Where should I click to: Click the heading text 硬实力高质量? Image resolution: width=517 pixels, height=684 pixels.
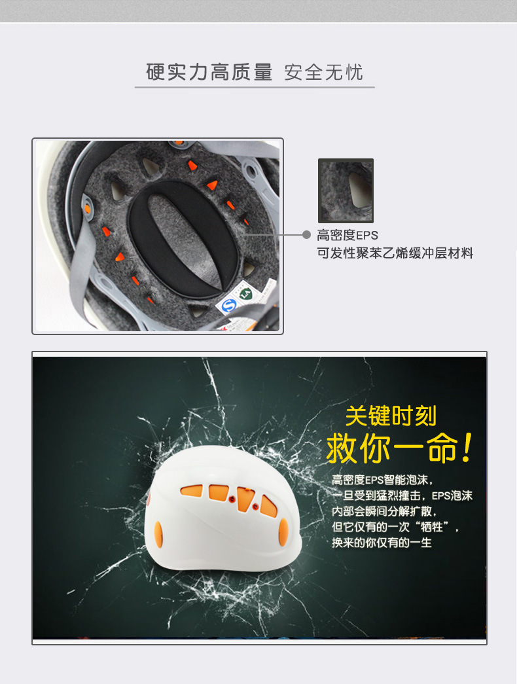click(x=209, y=72)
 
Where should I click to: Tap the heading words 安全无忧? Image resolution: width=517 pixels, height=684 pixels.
click(x=323, y=72)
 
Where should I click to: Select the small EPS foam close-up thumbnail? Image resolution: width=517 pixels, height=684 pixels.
click(x=346, y=190)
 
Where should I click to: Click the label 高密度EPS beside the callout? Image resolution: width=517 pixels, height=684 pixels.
click(x=348, y=235)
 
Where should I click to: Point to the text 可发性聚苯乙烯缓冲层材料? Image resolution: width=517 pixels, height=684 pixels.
click(x=395, y=253)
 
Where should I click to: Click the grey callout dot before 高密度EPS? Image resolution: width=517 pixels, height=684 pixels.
click(x=306, y=235)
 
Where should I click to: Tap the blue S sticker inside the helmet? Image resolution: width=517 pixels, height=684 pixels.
click(x=228, y=306)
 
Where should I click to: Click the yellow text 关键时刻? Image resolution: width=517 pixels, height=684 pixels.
click(x=391, y=416)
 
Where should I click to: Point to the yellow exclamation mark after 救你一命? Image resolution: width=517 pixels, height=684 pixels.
click(x=467, y=448)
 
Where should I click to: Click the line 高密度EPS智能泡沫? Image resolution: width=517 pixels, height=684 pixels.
click(x=382, y=480)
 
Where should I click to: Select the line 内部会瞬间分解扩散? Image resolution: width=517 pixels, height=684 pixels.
click(x=384, y=511)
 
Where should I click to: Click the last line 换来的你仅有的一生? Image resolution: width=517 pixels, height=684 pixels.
click(x=382, y=543)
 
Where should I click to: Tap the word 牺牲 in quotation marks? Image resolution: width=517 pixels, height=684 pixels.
click(x=431, y=527)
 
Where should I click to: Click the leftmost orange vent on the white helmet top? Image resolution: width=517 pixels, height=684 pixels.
click(x=192, y=491)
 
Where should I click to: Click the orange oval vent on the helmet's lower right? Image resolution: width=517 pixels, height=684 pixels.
click(x=283, y=531)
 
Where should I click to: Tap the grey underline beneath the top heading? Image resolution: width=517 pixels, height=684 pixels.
click(x=255, y=87)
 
